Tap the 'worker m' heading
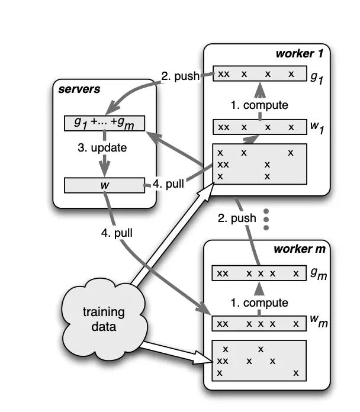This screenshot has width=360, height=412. coord(299,249)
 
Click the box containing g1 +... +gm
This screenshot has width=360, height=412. coord(104,124)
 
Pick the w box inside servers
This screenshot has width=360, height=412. coord(104,185)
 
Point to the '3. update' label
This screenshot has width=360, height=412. coord(101,147)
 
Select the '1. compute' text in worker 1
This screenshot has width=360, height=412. coord(259,105)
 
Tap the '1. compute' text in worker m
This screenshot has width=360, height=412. coord(259,302)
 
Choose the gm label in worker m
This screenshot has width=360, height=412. coord(318,275)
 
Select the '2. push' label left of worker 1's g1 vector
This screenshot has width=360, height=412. coord(180,76)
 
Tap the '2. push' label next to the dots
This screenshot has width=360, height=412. coord(237,218)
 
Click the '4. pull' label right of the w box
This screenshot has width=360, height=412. coord(169,184)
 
